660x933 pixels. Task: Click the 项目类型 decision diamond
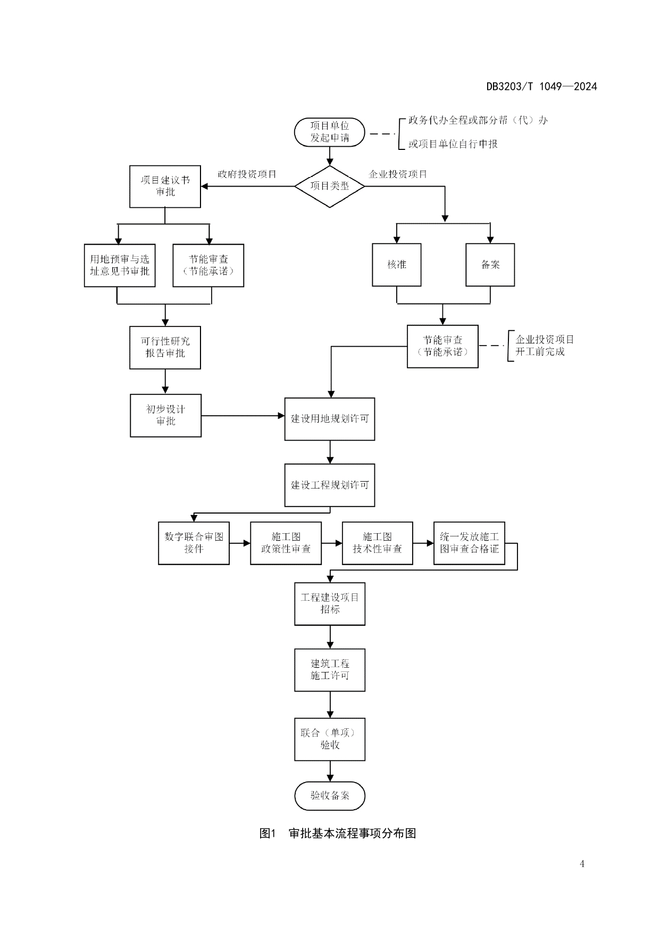coord(330,186)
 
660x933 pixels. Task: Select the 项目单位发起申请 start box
coord(330,132)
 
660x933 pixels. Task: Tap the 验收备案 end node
coord(330,795)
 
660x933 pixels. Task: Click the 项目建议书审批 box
coord(165,186)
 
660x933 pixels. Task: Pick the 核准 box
coord(397,265)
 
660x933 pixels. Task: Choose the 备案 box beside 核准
coord(490,265)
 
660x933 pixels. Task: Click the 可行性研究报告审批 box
coord(165,347)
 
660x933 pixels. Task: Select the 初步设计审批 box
coord(165,415)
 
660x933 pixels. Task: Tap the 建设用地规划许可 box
coord(330,419)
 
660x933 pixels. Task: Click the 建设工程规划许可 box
coord(330,485)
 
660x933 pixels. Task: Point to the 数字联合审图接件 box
coord(194,543)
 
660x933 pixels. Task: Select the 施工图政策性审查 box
coord(286,543)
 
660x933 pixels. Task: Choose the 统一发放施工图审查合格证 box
coord(469,543)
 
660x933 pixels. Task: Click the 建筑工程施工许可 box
coord(330,670)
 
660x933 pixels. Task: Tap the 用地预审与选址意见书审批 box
coord(120,265)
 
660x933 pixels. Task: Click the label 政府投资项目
coord(247,174)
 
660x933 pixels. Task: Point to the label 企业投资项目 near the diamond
coord(398,174)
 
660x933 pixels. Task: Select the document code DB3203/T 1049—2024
coord(541,87)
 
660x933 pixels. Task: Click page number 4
coord(582,864)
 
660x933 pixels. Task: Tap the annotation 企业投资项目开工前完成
coord(544,346)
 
